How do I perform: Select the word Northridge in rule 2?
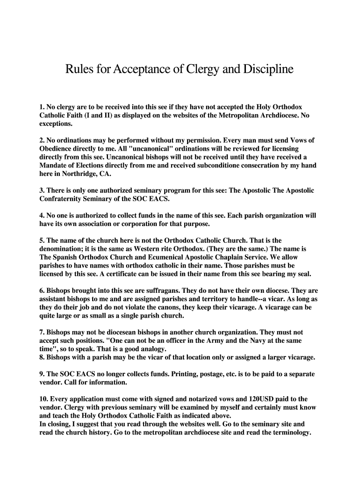tap(69, 174)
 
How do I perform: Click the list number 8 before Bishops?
tap(42, 357)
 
